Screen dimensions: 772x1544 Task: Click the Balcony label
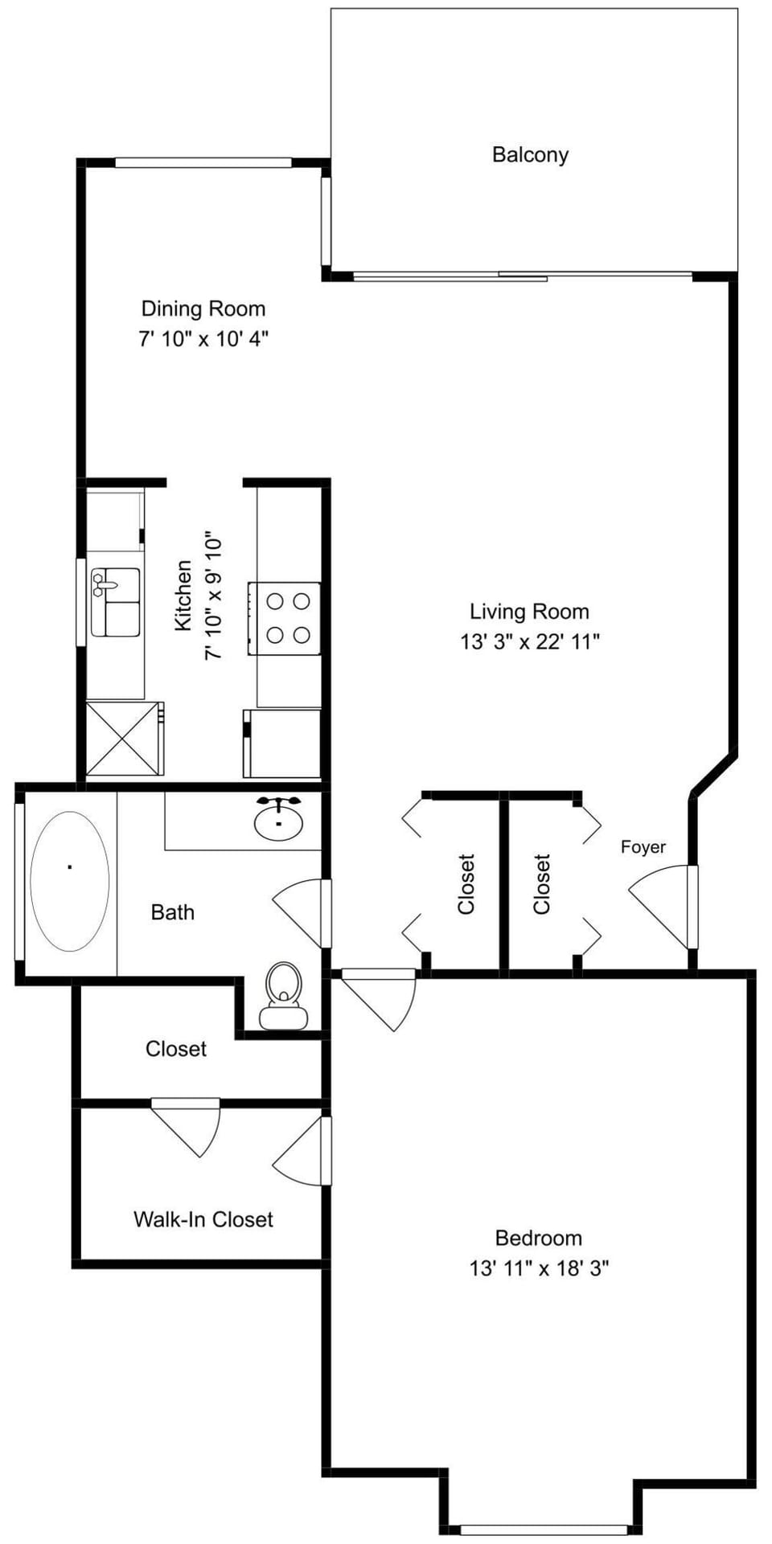[530, 154]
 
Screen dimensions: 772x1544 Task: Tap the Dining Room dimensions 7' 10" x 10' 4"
[203, 339]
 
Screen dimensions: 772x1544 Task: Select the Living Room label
[529, 612]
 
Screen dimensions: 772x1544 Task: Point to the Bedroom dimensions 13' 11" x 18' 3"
[539, 1268]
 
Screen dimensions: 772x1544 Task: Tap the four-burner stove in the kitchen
[285, 618]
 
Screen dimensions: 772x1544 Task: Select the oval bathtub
[70, 881]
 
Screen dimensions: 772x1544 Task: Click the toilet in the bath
[283, 997]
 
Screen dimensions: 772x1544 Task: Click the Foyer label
[643, 847]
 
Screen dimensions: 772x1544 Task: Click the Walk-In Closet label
[203, 1219]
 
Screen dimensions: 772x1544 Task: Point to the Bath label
[173, 912]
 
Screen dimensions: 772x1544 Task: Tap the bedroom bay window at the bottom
[544, 1530]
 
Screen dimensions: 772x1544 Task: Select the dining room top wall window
[203, 162]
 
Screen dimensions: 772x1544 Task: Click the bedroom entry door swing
[378, 1000]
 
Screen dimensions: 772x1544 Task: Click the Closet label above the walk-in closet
[176, 1049]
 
